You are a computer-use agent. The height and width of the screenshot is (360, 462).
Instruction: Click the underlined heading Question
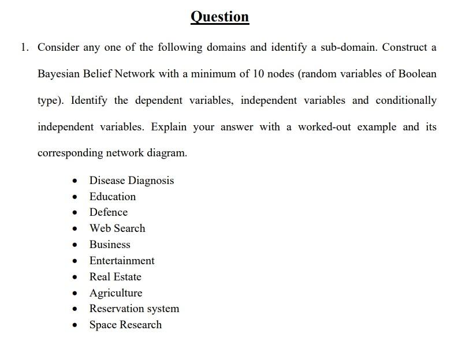point(219,16)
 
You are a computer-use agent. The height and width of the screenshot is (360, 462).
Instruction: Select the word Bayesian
point(59,74)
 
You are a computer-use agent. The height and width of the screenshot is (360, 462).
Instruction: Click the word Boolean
point(417,74)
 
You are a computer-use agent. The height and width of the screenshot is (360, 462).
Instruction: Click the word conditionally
point(406,100)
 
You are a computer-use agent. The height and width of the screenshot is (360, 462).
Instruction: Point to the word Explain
point(170,127)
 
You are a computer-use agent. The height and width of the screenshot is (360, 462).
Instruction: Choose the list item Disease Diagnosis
point(131,181)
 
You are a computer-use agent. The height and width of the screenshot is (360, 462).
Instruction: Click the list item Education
point(113,196)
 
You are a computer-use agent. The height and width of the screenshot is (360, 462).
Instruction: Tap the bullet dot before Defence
point(75,213)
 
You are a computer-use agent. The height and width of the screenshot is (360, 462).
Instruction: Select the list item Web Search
point(117,228)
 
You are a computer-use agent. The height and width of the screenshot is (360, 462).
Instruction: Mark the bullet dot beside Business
point(75,245)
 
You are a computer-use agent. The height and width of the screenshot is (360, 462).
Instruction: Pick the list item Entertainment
point(122,261)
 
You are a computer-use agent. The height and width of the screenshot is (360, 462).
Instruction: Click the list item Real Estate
point(115,277)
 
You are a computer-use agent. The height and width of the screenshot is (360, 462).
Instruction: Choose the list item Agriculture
point(115,293)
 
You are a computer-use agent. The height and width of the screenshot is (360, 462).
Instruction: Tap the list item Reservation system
point(134,309)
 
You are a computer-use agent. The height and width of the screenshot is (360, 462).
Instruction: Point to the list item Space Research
point(125,325)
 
